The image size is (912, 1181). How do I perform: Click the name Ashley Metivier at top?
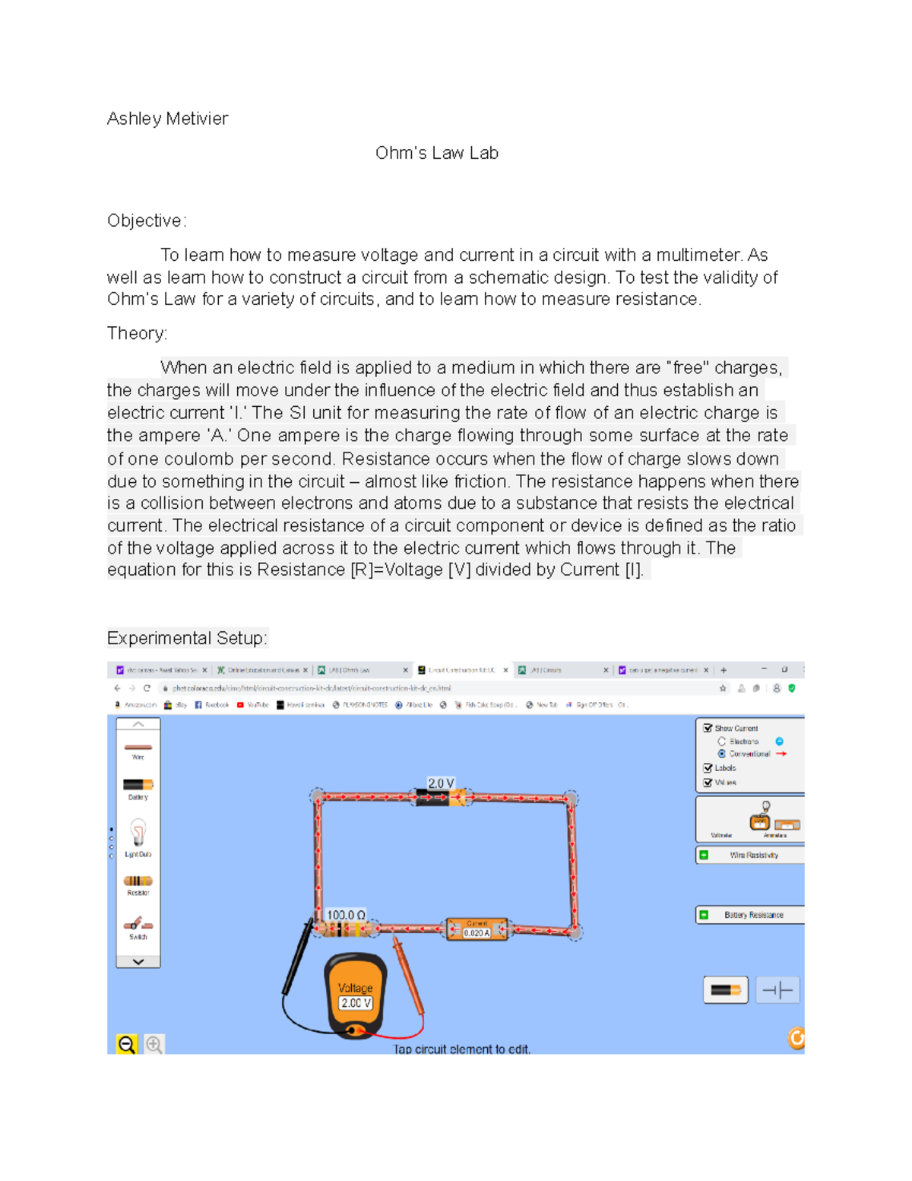[x=167, y=119]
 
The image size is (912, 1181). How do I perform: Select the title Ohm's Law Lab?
[x=436, y=153]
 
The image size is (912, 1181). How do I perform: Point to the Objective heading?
[x=146, y=221]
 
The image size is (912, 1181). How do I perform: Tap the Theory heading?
[x=137, y=333]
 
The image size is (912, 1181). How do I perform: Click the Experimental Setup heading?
[x=186, y=638]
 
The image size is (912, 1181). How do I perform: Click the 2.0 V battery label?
[x=441, y=783]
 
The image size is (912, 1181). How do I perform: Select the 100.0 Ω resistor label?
[x=346, y=915]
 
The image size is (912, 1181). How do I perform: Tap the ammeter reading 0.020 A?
[x=477, y=933]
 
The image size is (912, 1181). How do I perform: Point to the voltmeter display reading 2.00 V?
[x=356, y=1003]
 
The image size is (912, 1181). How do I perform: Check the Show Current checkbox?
[x=708, y=728]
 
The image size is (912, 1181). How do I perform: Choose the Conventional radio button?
[x=721, y=754]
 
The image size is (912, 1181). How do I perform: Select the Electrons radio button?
[x=721, y=741]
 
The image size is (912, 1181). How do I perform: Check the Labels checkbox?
[x=708, y=768]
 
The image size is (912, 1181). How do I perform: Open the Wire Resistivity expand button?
[x=704, y=855]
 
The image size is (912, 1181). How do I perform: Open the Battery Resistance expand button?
[x=704, y=915]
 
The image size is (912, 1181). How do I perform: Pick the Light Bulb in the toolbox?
[x=138, y=834]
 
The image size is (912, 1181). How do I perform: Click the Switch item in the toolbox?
[x=138, y=925]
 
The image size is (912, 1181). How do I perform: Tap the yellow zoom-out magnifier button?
[x=126, y=1044]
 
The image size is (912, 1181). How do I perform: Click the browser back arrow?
[x=117, y=688]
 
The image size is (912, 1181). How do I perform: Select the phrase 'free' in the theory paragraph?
[x=687, y=368]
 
